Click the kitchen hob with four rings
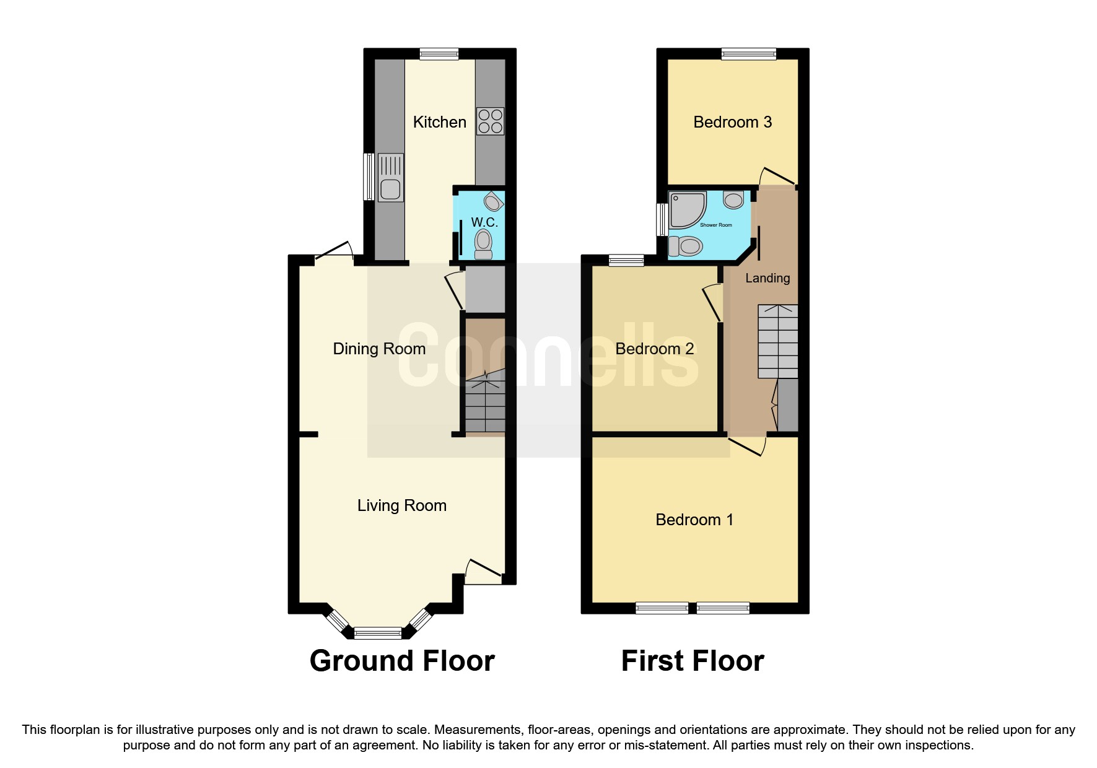click(490, 121)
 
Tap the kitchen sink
click(390, 178)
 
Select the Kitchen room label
click(439, 122)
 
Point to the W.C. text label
click(484, 222)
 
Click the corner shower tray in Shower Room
click(686, 209)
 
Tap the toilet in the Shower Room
click(684, 247)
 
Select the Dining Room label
click(379, 349)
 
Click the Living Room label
click(401, 505)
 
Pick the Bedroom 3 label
click(732, 122)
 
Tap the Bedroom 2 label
click(654, 349)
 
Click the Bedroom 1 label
click(694, 520)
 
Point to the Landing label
click(767, 278)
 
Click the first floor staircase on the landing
click(778, 341)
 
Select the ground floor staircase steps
click(485, 406)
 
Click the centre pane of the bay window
click(378, 633)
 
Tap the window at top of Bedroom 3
click(748, 54)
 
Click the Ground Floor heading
click(402, 661)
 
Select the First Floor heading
click(693, 661)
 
